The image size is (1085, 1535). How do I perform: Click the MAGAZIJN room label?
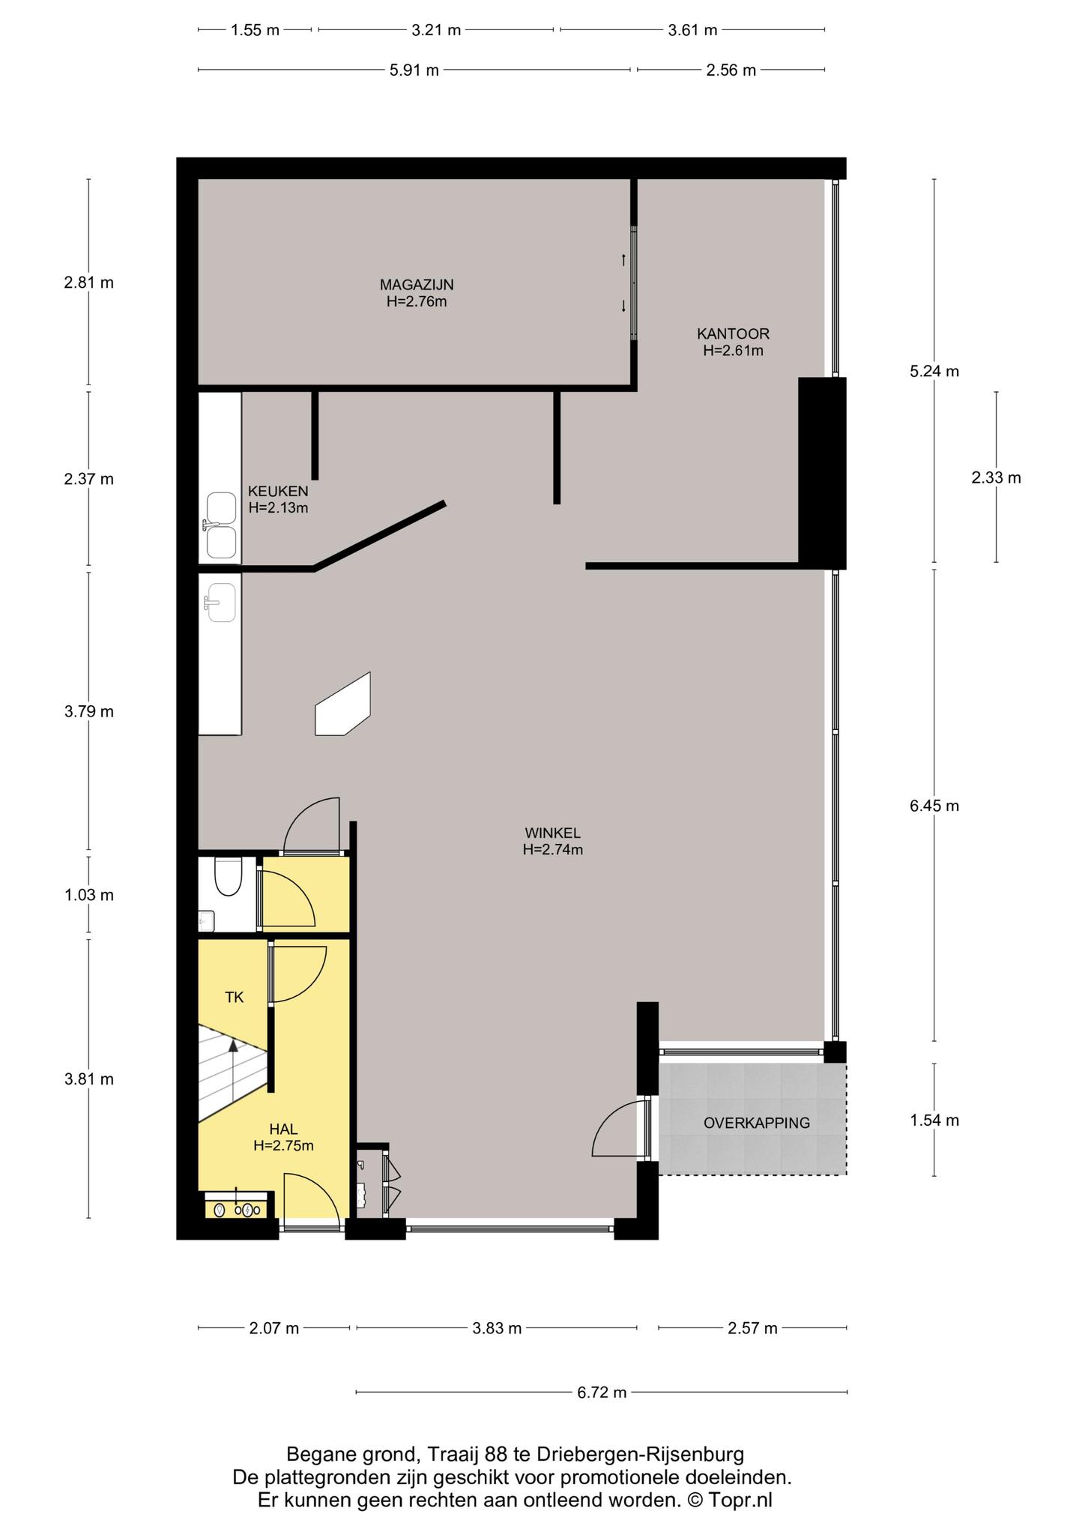417,285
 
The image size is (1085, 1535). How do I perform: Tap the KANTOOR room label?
733,334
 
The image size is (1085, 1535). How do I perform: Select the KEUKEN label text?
278,492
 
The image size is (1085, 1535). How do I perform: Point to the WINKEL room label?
553,833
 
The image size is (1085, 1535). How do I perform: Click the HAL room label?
283,1129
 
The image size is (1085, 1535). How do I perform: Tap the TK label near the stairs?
235,997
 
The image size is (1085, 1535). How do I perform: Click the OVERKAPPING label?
757,1123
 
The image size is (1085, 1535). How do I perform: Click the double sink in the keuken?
221,525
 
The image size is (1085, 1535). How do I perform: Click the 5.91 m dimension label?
414,70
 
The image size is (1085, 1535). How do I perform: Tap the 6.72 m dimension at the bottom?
602,1393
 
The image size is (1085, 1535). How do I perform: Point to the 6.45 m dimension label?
934,806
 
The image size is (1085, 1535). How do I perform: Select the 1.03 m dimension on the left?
89,895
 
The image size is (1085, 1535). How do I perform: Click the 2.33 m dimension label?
997,477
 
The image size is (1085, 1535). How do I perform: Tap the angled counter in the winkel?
343,705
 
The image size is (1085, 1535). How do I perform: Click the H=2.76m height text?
417,302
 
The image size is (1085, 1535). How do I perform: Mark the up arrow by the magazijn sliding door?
623,260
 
